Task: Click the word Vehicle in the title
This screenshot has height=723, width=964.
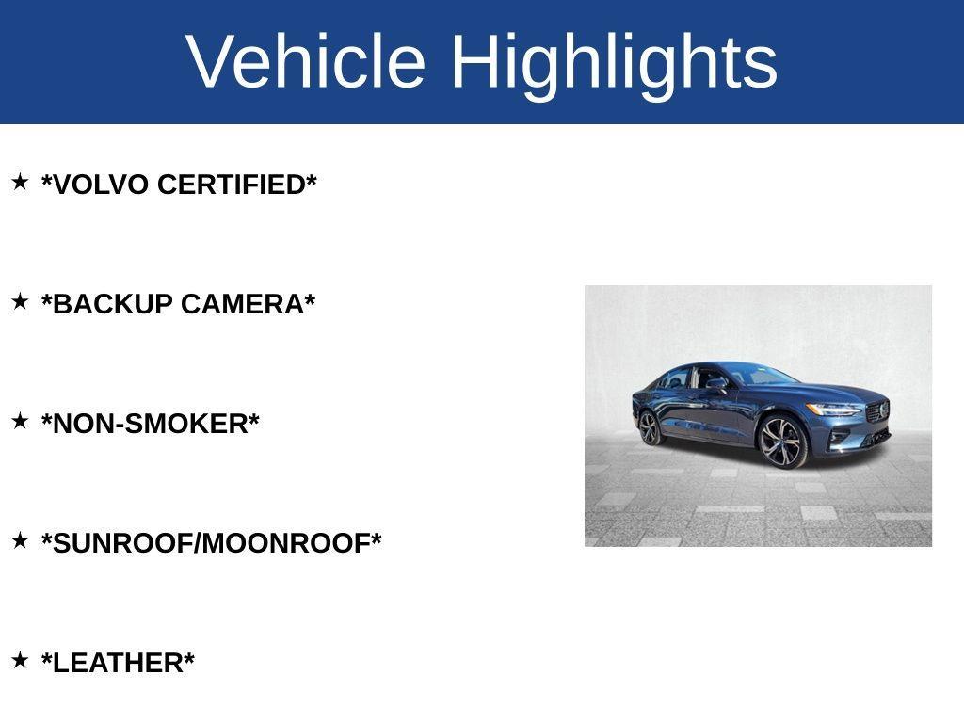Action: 306,62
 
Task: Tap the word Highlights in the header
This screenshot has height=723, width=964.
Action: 614,62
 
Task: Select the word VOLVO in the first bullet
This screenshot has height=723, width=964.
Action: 100,185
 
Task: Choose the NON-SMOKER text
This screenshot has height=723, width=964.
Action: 151,425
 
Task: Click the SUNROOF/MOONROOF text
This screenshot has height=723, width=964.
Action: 212,544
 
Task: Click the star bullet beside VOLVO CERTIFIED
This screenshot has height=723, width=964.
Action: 20,182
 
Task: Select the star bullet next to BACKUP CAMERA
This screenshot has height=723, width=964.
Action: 20,301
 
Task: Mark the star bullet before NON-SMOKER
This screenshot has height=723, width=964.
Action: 20,421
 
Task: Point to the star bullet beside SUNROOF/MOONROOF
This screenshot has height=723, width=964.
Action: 20,540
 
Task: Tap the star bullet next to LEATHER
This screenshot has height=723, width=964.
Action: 20,660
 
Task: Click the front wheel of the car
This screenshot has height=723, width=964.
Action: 782,442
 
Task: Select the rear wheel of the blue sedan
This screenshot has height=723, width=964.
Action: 650,427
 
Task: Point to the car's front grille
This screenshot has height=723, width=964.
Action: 877,412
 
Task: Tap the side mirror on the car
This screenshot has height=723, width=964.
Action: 717,384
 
